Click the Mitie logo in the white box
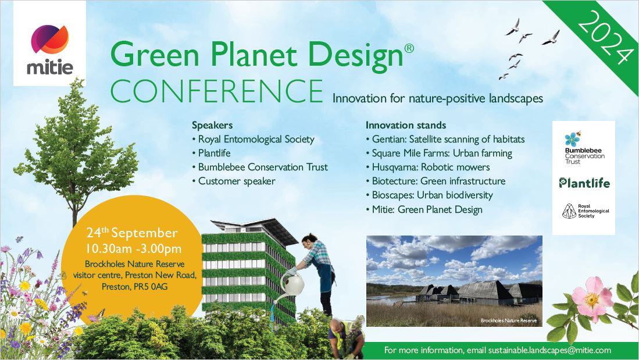point(50,49)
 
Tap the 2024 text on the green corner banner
point(604,37)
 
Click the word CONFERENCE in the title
point(217,91)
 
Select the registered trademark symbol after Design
point(409,48)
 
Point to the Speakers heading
point(212,125)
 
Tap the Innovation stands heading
point(405,125)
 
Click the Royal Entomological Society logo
point(585,211)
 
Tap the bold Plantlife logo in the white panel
point(584,183)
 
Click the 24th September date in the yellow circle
point(132,233)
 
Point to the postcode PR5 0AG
point(151,287)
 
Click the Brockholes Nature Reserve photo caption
point(509,320)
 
